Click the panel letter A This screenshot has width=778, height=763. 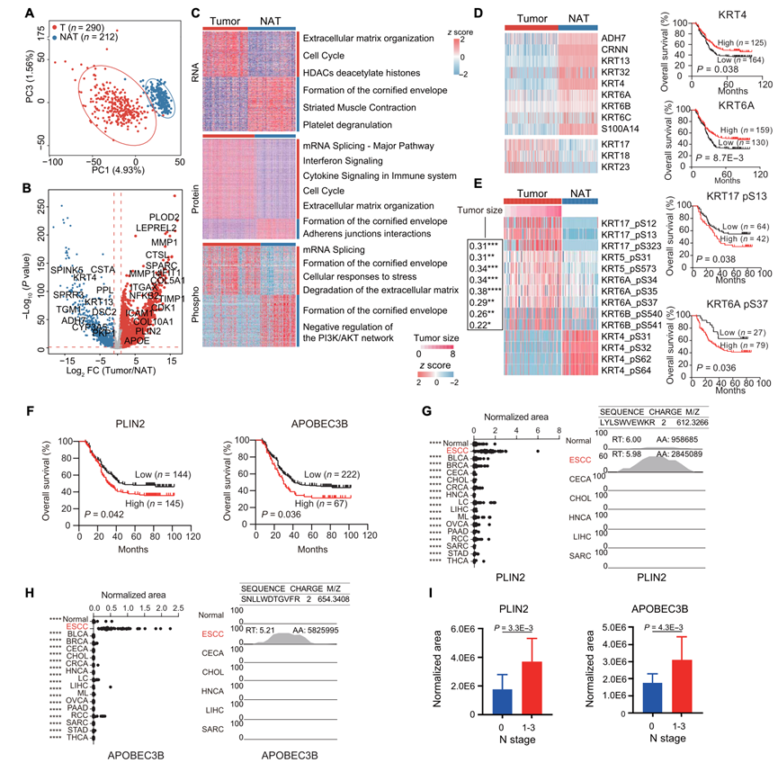(7, 12)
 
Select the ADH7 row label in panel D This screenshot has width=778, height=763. (614, 40)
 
